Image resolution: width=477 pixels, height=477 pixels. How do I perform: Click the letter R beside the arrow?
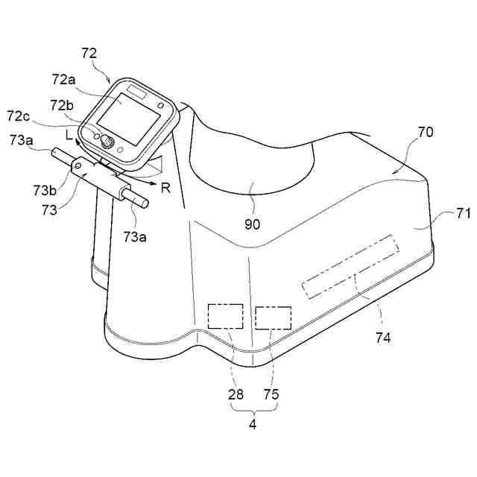point(165,188)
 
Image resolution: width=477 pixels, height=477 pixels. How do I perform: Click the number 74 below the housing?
point(383,338)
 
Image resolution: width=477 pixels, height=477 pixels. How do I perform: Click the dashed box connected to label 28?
point(225,316)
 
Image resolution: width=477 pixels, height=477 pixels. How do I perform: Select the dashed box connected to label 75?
point(273,318)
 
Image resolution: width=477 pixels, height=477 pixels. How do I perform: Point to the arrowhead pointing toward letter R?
point(154,181)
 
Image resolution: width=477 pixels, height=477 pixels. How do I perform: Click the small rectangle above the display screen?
point(139,91)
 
